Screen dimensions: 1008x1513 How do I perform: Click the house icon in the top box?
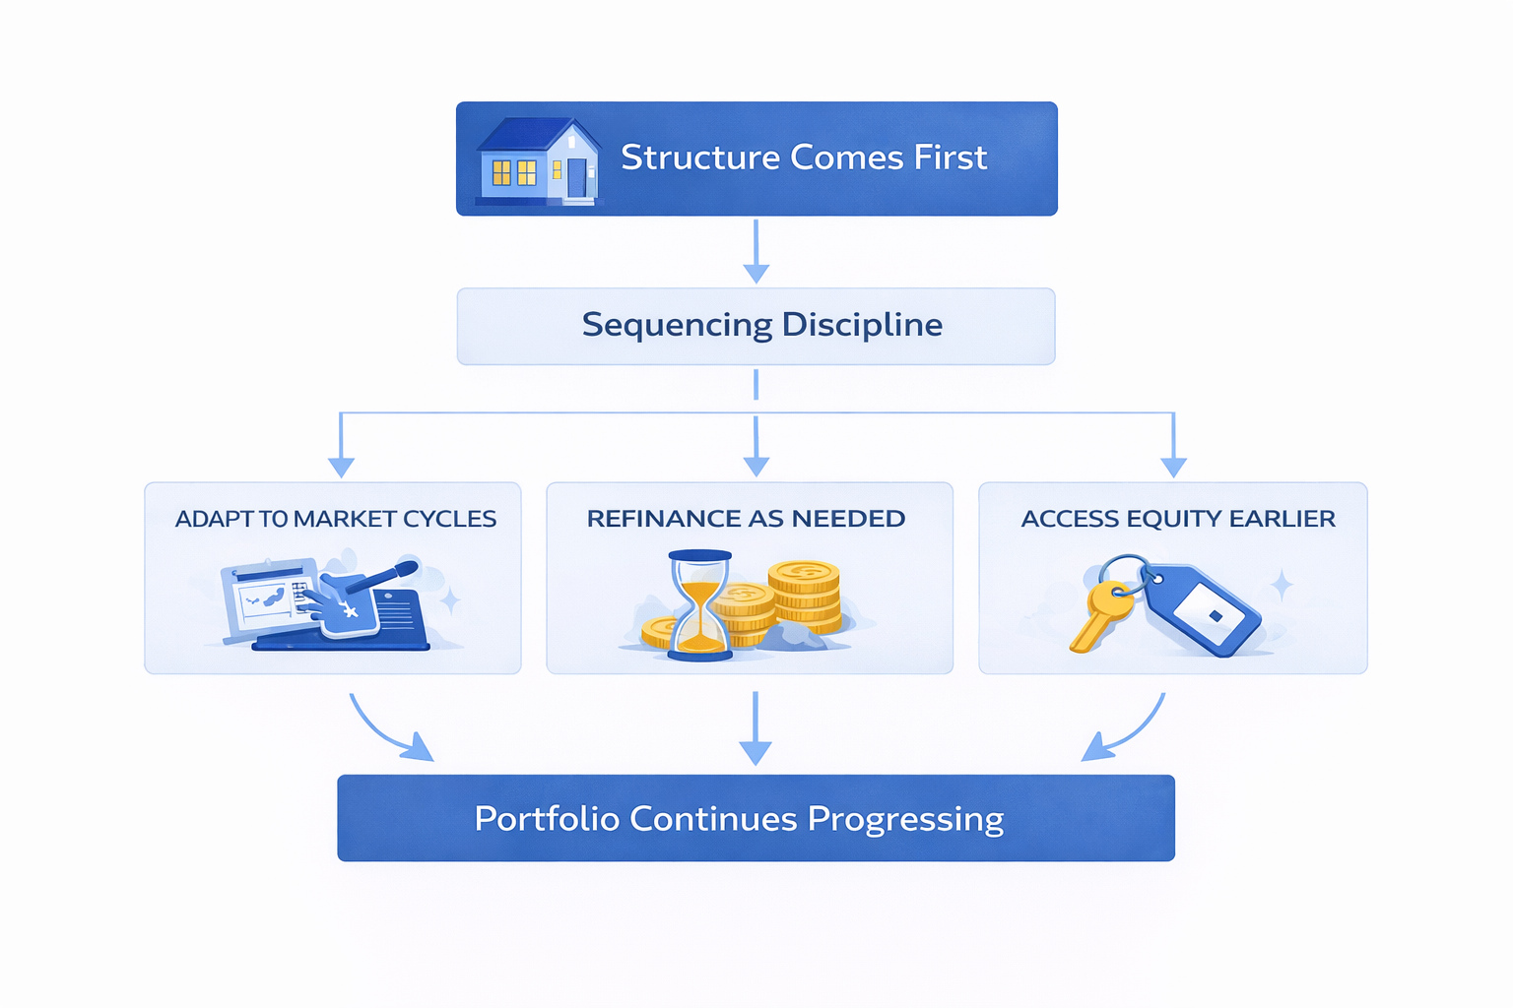538,161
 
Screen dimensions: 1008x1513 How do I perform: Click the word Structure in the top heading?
699,157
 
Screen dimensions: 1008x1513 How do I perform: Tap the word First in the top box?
950,157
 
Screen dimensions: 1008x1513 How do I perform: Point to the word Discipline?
862,325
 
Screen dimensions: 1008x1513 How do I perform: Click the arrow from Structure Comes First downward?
756,251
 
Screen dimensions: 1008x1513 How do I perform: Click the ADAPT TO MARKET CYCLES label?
335,519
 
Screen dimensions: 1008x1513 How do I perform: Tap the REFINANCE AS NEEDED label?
746,519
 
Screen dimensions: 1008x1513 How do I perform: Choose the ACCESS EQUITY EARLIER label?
1178,519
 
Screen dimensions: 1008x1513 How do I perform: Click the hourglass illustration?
700,604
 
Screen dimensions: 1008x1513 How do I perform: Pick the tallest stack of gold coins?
805,595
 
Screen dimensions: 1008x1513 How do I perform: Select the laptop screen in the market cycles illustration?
264,598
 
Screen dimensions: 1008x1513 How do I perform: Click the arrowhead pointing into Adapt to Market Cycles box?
341,465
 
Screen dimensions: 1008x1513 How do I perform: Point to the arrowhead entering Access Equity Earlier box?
1173,465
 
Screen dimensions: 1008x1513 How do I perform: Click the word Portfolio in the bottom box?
547,819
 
